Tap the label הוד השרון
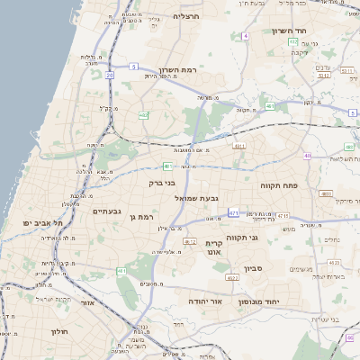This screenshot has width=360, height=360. (x=289, y=31)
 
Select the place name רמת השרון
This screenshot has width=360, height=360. (x=165, y=69)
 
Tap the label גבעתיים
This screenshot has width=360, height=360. (x=108, y=211)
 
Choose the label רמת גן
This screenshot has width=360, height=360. (x=144, y=217)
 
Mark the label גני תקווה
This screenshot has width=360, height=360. (x=267, y=238)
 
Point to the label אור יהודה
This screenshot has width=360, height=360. (x=205, y=301)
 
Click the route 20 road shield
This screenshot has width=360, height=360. (x=110, y=76)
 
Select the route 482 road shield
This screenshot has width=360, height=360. (x=144, y=115)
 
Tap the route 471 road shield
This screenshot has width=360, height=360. (x=234, y=213)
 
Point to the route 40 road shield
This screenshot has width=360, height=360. (x=307, y=156)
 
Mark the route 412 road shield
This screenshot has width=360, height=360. (x=190, y=241)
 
